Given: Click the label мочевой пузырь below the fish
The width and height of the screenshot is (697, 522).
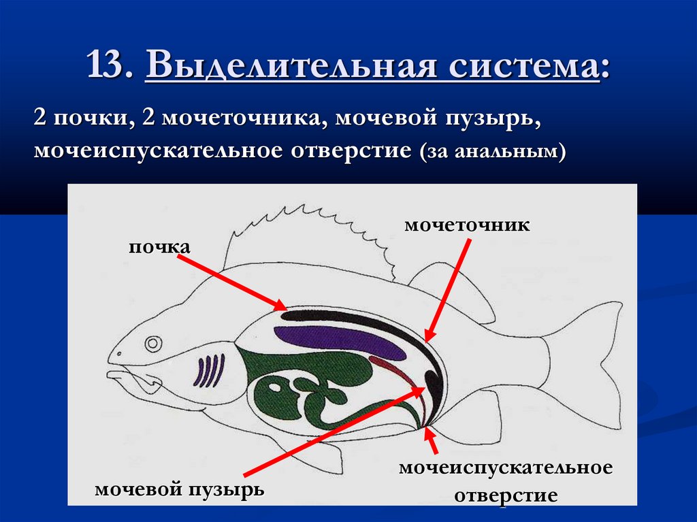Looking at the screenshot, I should [180, 489].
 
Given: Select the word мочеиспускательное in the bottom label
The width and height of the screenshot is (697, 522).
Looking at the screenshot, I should [506, 469].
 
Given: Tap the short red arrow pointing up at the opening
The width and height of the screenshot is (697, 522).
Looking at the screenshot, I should [434, 442].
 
